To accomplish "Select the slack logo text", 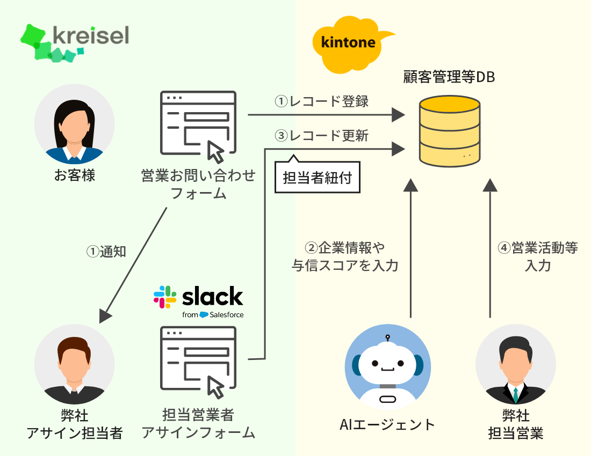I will [x=212, y=297].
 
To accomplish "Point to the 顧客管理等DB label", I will [x=449, y=77].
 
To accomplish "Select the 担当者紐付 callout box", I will [x=317, y=178].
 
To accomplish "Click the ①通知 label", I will [x=106, y=251].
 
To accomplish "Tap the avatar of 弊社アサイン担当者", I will [x=74, y=365].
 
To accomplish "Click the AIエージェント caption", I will [x=387, y=425].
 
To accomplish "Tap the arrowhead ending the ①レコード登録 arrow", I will [x=398, y=114].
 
